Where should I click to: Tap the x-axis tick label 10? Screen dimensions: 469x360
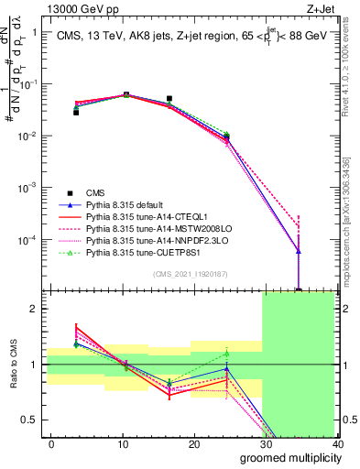tap(123, 444)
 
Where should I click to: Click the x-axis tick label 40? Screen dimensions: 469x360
tap(336, 444)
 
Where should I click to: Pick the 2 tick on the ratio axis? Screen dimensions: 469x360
tap(33, 309)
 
